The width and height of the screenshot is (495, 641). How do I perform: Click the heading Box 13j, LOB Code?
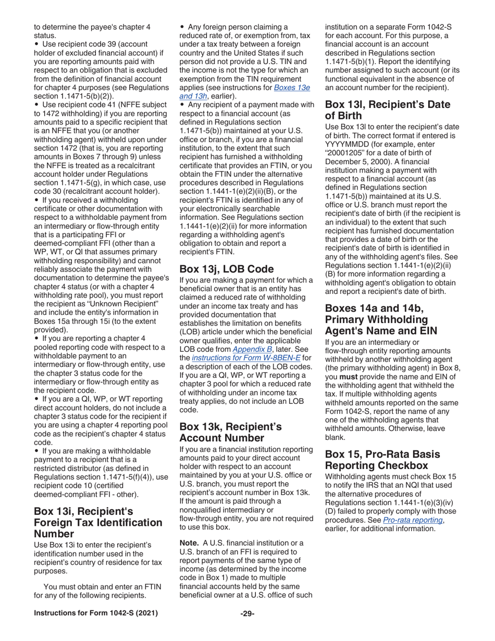226,269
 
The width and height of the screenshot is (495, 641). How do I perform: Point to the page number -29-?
247,613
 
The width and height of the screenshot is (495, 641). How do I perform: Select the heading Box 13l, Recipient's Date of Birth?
387,110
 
